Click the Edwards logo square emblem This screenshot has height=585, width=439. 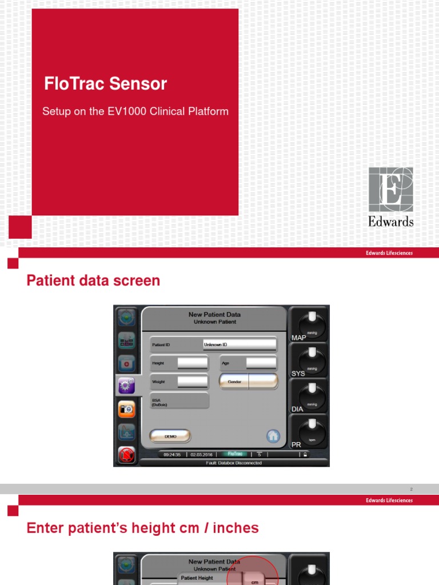point(391,189)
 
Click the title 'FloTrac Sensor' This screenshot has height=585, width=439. point(106,84)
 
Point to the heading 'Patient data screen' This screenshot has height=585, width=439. point(94,281)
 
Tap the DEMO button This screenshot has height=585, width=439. point(170,436)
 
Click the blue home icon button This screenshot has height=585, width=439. point(273,436)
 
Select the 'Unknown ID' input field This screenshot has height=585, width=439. point(240,344)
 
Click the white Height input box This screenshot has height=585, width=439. point(193,363)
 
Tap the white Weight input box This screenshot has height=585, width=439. point(193,382)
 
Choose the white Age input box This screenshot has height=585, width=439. point(261,363)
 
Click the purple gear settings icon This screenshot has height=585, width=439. point(126,386)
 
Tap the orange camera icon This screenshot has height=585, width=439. point(126,409)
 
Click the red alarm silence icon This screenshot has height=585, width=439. point(126,455)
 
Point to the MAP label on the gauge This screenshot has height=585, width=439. point(299,338)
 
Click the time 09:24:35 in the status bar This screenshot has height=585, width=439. point(172,455)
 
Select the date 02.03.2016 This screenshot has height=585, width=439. point(201,455)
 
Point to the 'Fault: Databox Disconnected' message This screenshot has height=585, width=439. point(234,463)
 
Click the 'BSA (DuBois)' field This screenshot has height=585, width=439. point(179,400)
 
